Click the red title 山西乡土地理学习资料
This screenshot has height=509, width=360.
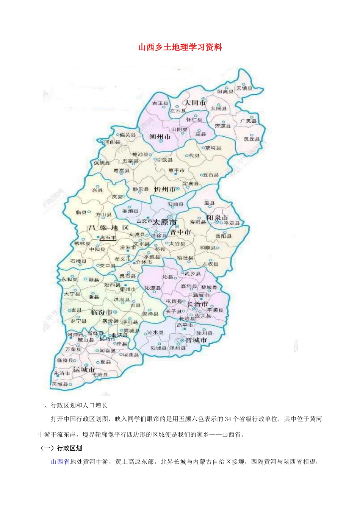coord(180,47)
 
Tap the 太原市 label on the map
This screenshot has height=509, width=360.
coord(164,222)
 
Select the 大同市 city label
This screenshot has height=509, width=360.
coord(195,103)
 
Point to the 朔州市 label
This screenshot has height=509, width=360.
coord(160,137)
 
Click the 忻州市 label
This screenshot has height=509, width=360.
coord(164,189)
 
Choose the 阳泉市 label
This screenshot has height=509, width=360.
coord(218,218)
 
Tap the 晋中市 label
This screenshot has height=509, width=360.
coord(180,232)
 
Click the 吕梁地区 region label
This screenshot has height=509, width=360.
coord(108,228)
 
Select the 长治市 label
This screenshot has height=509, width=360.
coord(197,304)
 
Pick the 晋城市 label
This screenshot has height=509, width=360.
coord(196,340)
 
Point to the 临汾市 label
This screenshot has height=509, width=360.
coord(101,312)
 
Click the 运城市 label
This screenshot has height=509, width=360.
coord(84,370)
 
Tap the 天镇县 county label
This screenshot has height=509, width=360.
coord(244,88)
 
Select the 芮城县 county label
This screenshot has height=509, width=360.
coord(60,384)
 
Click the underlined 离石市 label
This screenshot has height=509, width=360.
coord(108,238)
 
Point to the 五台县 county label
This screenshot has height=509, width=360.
coord(211,175)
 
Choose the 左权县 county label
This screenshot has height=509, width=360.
coord(210,264)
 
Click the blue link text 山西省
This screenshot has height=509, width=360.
coord(60,462)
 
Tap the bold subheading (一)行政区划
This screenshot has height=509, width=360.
coord(62,448)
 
